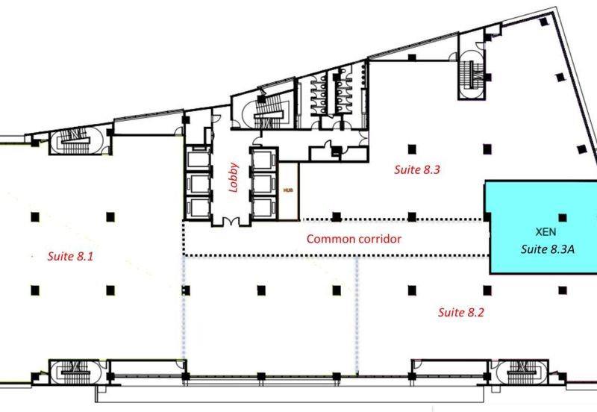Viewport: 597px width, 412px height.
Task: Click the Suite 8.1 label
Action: [x=70, y=256]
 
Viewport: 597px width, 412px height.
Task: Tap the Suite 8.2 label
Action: [x=460, y=312]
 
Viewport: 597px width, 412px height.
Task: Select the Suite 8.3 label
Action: [x=417, y=169]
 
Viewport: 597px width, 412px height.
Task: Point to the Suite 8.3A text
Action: [x=548, y=249]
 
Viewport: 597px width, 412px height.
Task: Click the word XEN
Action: [x=546, y=232]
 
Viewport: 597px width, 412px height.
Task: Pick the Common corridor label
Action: [x=354, y=239]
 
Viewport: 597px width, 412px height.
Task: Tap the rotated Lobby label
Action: [x=233, y=178]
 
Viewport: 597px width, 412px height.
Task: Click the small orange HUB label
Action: [x=288, y=190]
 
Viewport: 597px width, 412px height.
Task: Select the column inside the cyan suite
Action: [x=563, y=218]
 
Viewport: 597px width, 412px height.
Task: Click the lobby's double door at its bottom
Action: [x=231, y=221]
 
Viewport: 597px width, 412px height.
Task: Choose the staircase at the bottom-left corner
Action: [x=76, y=372]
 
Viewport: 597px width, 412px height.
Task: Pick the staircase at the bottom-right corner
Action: [x=522, y=372]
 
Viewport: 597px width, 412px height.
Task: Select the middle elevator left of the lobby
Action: [x=198, y=184]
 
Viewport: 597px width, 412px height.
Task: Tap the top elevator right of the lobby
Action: [x=264, y=159]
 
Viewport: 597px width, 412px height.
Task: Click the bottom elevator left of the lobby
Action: [x=198, y=208]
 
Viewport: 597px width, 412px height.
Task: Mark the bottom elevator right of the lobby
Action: [x=264, y=208]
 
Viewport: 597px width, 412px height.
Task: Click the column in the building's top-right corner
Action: [x=544, y=22]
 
